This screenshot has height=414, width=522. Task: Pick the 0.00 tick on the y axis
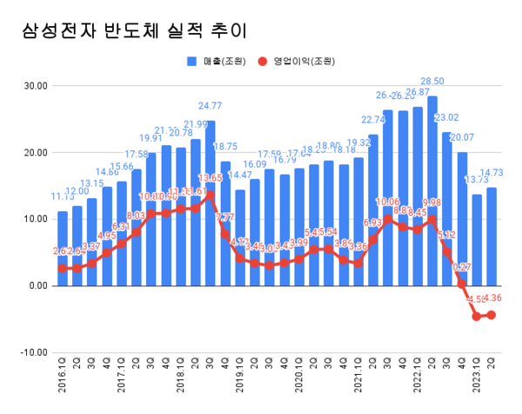[x=36, y=285]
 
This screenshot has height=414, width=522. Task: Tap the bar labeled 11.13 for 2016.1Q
[x=63, y=248]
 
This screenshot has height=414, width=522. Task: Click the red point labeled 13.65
[x=211, y=195]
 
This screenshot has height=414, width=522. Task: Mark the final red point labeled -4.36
[x=492, y=315]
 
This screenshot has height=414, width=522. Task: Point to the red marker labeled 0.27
[x=462, y=284]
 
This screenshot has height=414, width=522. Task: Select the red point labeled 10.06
[x=388, y=218]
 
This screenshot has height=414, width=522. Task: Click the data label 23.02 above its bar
[x=448, y=117]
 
